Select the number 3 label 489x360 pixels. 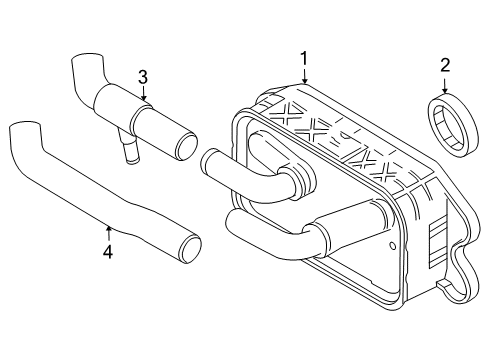coord(143,76)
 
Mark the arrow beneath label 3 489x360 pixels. coord(143,93)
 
